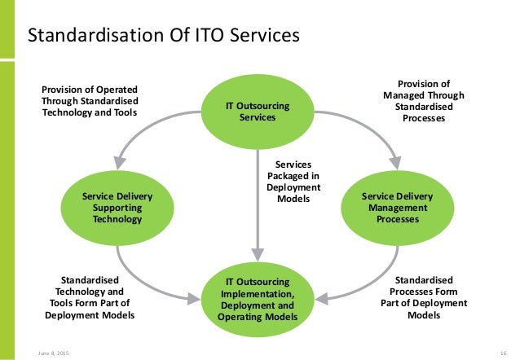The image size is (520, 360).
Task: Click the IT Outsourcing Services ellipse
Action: pos(257,112)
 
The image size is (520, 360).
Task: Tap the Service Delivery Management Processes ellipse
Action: pos(397,209)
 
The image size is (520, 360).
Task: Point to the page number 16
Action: pos(504,351)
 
